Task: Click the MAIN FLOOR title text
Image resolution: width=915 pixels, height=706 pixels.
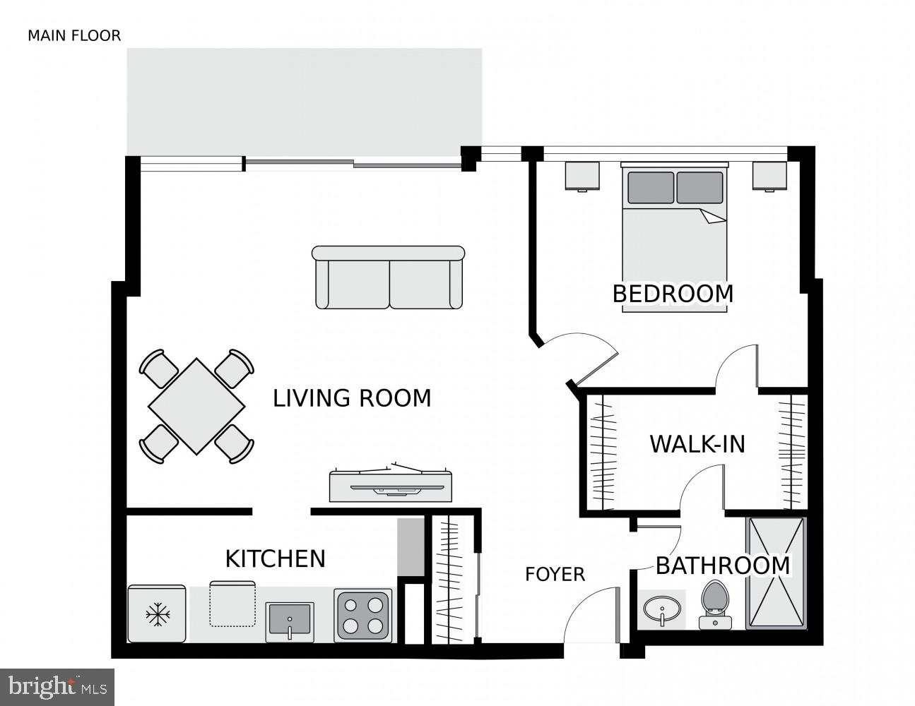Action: pyautogui.click(x=74, y=35)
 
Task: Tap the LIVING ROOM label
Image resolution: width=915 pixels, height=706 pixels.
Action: pyautogui.click(x=352, y=398)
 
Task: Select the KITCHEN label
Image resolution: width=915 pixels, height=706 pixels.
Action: pyautogui.click(x=275, y=558)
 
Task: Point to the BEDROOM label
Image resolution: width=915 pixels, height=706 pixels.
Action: pyautogui.click(x=673, y=294)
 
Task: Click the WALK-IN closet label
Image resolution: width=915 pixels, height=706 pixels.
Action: pyautogui.click(x=697, y=444)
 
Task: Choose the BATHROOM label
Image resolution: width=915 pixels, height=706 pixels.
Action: pyautogui.click(x=723, y=566)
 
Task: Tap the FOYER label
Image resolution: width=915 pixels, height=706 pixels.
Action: pyautogui.click(x=555, y=575)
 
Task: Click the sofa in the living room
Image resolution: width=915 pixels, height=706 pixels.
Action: pyautogui.click(x=388, y=277)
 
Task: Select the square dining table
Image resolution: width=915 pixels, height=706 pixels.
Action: pyautogui.click(x=196, y=407)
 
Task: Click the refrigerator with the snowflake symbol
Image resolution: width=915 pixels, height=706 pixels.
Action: pyautogui.click(x=156, y=614)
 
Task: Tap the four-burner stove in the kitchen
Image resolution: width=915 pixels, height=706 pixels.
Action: pyautogui.click(x=363, y=614)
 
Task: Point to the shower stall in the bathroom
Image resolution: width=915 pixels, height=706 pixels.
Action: pyautogui.click(x=776, y=573)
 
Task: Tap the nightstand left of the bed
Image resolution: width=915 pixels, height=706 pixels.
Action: pyautogui.click(x=582, y=176)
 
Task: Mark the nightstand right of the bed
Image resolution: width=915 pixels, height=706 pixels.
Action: pyautogui.click(x=769, y=176)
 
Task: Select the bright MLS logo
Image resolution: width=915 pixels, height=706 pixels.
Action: pyautogui.click(x=57, y=686)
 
